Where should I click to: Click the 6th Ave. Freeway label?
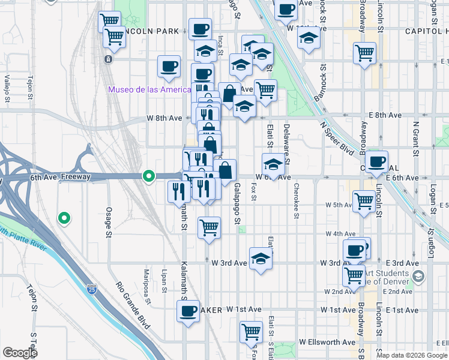pyautogui.click(x=60, y=177)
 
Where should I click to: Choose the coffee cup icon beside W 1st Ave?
pyautogui.click(x=188, y=311)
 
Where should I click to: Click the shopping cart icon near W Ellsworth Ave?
pyautogui.click(x=251, y=332)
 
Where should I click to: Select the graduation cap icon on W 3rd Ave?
pyautogui.click(x=261, y=259)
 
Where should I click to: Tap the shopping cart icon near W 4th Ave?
pyautogui.click(x=209, y=228)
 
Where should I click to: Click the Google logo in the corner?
pyautogui.click(x=20, y=353)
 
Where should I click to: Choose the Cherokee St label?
pyautogui.click(x=297, y=197)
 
